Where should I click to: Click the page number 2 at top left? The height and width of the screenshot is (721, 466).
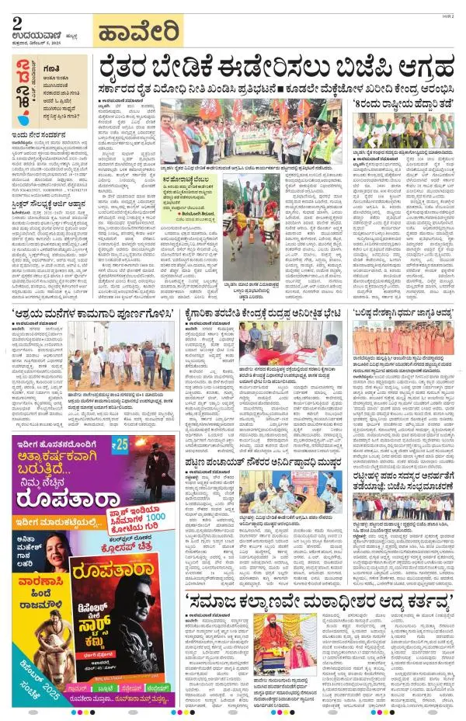pos(16,23)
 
